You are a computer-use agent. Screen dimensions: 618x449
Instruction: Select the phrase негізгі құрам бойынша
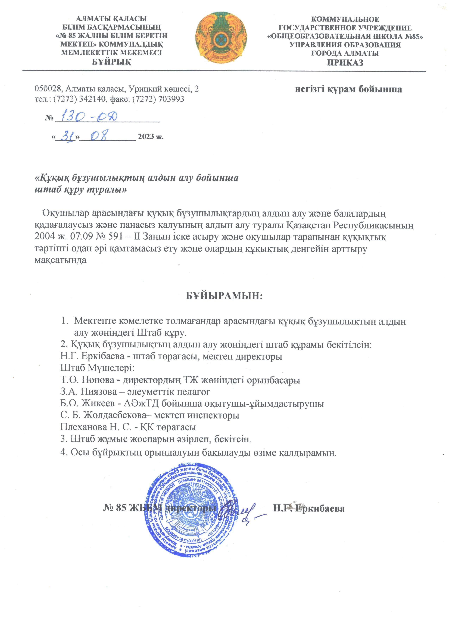point(348,89)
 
